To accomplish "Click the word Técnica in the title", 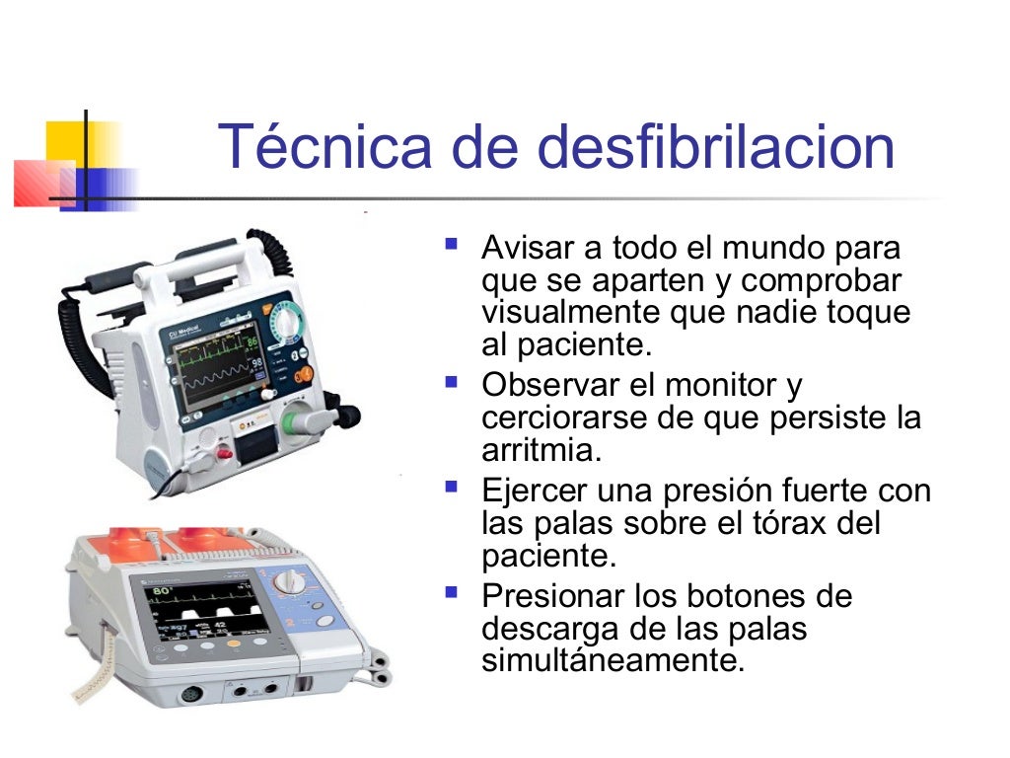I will coord(325,147).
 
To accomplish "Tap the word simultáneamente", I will coord(612,660).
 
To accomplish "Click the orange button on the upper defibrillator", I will coord(305,374).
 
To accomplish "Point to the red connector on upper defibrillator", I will coord(225,452).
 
